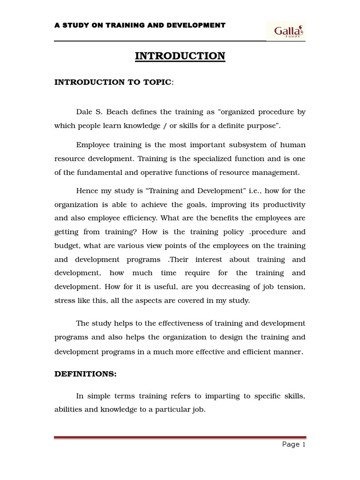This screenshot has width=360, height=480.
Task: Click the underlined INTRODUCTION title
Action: (x=180, y=56)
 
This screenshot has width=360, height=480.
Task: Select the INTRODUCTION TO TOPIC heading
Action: (x=113, y=82)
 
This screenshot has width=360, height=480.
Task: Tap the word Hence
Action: (x=86, y=191)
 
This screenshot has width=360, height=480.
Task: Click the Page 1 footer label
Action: (x=293, y=445)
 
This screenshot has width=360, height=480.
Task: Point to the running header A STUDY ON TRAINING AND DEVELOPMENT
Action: (x=140, y=25)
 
